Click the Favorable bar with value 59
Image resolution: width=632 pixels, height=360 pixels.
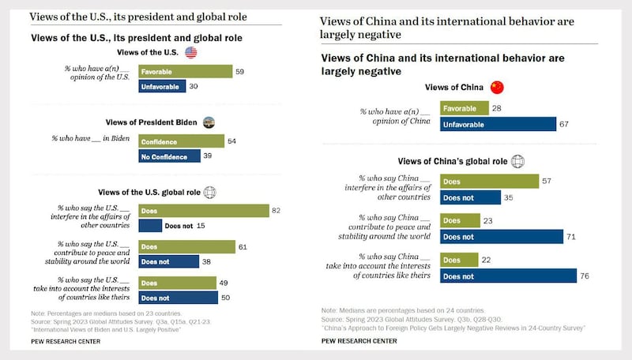[x=185, y=71]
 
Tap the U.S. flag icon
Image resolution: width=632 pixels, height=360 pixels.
[x=190, y=52]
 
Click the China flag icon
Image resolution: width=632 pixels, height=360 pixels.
[x=496, y=87]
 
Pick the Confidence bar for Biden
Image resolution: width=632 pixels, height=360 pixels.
[x=181, y=141]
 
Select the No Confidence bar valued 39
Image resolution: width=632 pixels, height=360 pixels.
[x=170, y=156]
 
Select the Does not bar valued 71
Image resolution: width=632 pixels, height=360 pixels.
[x=501, y=236]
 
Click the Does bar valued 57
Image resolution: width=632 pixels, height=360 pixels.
[x=489, y=182]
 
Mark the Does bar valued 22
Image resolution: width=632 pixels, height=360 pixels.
[x=459, y=260]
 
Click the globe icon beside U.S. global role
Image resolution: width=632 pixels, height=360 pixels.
[x=209, y=192]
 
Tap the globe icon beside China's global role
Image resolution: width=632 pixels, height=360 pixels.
[x=517, y=161]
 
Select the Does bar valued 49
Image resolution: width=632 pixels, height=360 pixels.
[x=178, y=283]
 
